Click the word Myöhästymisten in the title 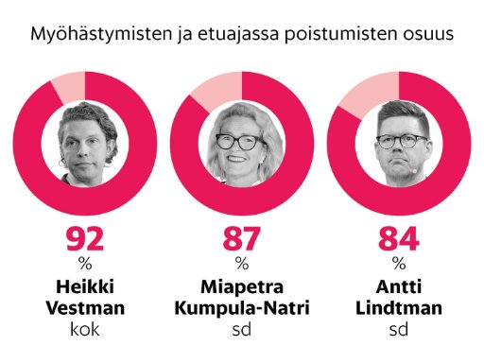point(101,34)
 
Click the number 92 point(85,239)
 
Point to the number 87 point(242,239)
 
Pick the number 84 point(399,239)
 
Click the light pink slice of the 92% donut point(70,87)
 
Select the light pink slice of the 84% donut point(372,94)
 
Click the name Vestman point(85,308)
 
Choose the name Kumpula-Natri point(242,308)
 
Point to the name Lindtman point(399,308)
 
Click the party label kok point(85,329)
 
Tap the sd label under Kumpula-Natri point(242,329)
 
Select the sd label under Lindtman point(399,329)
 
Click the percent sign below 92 point(85,263)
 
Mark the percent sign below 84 point(399,263)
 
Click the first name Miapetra point(242,287)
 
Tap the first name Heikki point(85,286)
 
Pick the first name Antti point(399,286)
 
